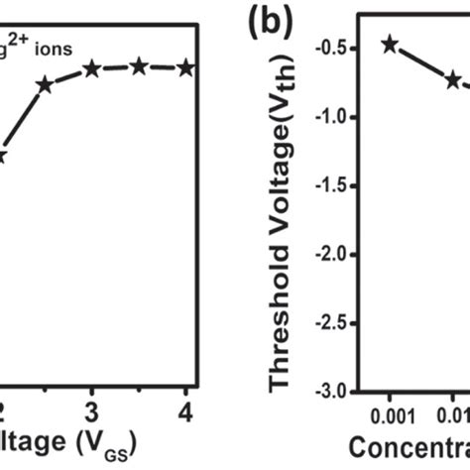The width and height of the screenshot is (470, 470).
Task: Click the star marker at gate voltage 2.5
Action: point(45,85)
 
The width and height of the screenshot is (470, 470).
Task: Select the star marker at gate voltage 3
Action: point(92,68)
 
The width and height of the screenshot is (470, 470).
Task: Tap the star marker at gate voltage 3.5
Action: point(139,66)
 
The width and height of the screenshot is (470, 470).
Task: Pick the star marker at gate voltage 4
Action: point(184,67)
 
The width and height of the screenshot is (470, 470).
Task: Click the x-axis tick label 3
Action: point(92,411)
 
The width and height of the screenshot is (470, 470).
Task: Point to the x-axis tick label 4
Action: point(184,411)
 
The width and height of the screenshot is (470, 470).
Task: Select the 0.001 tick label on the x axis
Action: point(389,411)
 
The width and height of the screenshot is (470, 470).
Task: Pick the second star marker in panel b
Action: point(452,79)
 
